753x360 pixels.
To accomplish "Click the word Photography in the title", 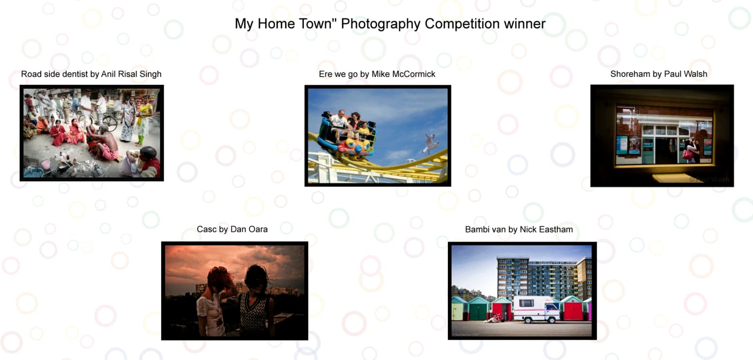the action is tap(381, 24).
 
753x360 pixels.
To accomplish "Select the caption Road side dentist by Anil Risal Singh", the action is tap(91, 74).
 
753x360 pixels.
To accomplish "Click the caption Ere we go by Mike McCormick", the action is tap(377, 74).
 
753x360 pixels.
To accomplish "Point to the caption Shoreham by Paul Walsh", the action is tap(659, 74).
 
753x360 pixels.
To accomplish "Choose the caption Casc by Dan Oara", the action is tap(232, 229).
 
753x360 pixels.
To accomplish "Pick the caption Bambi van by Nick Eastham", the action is tap(519, 230).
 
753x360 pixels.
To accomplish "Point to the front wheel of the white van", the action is tap(552, 320).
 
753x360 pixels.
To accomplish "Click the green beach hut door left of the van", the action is tap(478, 312).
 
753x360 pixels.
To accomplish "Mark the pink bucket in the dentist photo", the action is tap(46, 164).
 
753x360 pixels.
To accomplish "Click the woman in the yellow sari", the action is tap(144, 121).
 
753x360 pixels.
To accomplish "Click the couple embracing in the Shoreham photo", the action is tap(691, 150).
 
